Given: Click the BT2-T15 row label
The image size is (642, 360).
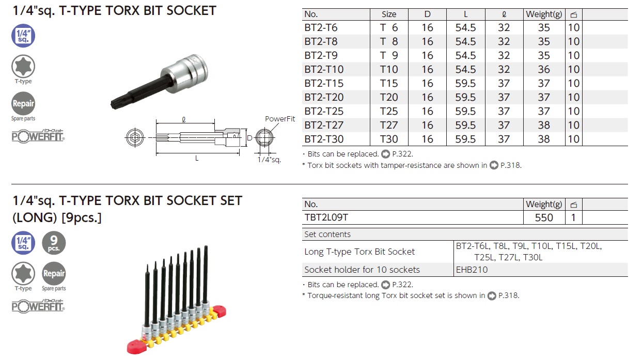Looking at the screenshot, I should [x=324, y=84].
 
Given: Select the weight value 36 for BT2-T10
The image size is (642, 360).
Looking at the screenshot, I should [x=544, y=70].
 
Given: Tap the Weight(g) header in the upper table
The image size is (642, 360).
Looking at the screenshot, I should [x=544, y=14].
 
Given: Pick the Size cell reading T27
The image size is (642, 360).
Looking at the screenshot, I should [x=389, y=126].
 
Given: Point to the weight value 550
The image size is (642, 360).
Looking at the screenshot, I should [x=544, y=218].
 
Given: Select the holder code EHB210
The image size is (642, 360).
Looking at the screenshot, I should [x=472, y=270].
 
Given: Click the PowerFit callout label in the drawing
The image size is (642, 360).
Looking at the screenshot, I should [x=280, y=119].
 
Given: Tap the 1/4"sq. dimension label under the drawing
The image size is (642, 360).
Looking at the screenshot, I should [x=269, y=160].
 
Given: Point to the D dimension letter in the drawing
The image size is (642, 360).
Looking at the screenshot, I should [x=249, y=138].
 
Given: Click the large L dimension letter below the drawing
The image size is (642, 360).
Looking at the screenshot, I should [x=197, y=159].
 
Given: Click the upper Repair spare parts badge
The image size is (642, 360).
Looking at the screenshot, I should [x=23, y=104].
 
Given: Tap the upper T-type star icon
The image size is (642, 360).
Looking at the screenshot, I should [x=23, y=67].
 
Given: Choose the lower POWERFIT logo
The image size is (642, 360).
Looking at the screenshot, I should [x=39, y=306].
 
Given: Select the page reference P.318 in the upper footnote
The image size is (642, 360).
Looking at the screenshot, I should [x=511, y=165].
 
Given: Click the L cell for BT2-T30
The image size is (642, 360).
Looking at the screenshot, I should [x=465, y=139].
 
